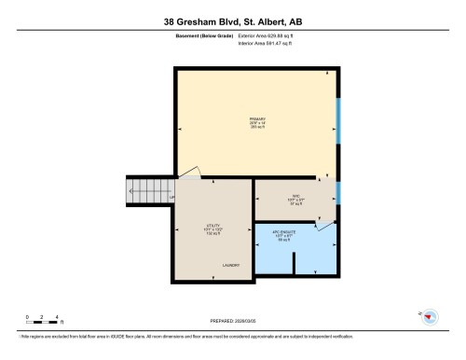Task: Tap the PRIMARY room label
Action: coord(257,123)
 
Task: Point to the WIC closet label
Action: coord(296,199)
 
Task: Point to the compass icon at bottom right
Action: coord(430,317)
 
